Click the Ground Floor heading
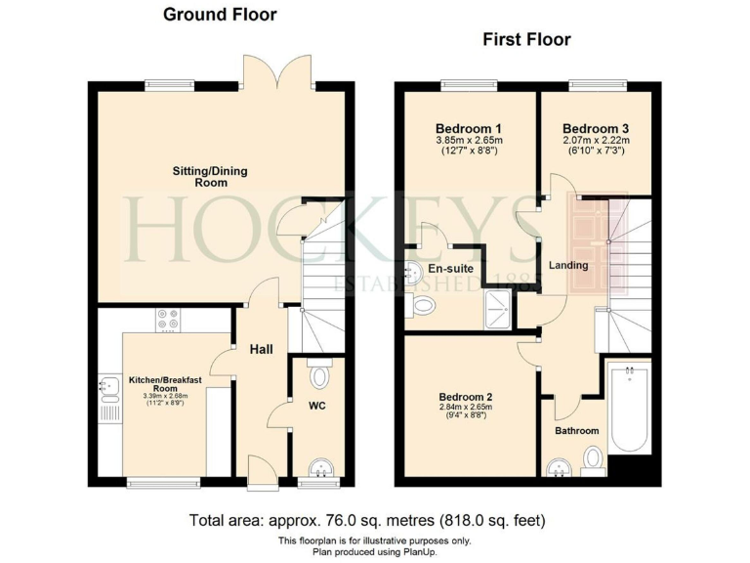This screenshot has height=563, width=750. point(220,15)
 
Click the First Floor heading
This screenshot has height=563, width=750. point(526,39)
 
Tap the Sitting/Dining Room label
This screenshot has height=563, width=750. point(210,177)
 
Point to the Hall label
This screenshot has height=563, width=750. point(261,350)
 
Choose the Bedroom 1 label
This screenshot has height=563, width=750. point(468,128)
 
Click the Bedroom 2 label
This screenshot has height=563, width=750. point(464,397)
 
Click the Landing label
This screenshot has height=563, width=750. point(568,265)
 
